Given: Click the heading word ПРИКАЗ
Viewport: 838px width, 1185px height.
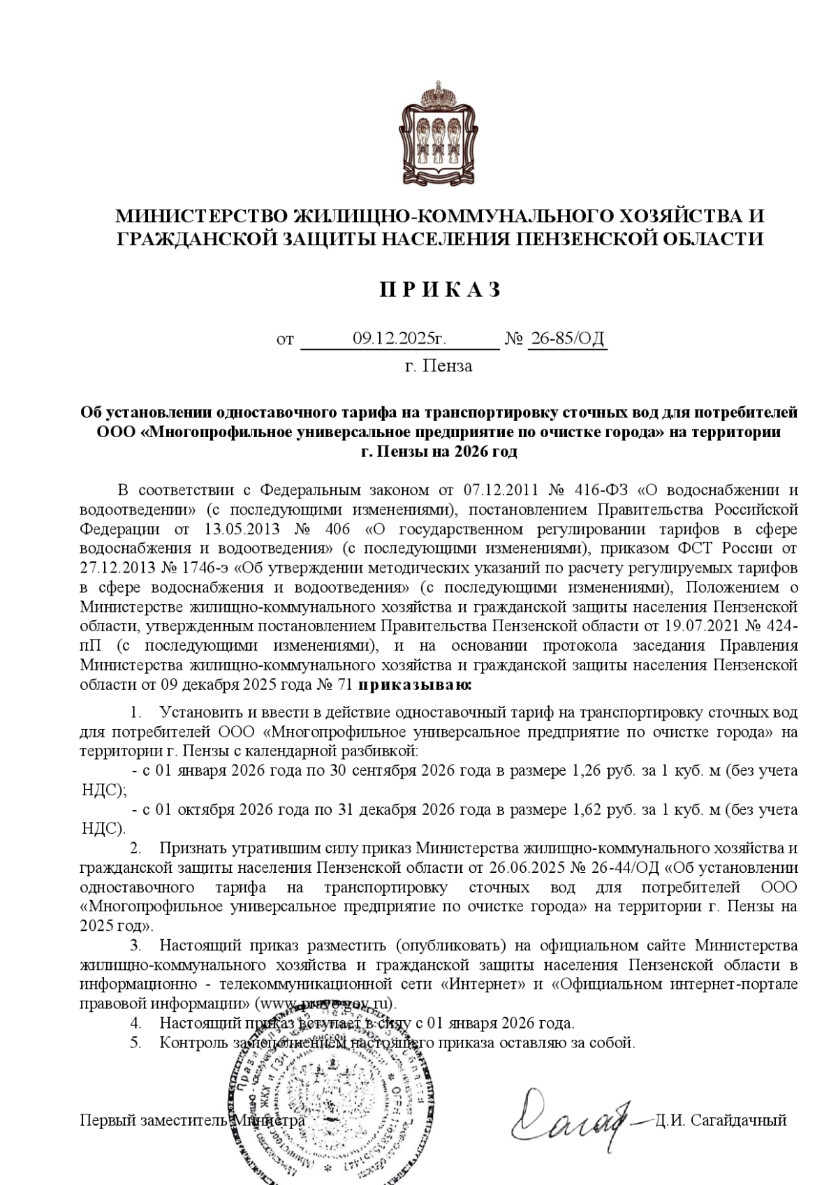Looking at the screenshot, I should coord(440,290).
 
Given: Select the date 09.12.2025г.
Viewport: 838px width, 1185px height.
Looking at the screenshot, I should coord(399,339).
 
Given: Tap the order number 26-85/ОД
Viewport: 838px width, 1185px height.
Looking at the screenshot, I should coord(567,339).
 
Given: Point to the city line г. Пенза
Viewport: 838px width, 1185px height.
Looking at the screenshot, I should coord(439,366).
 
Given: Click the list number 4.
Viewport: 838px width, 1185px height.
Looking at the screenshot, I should coord(135,1024).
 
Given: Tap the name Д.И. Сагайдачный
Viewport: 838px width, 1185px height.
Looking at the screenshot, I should coord(721,1120).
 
